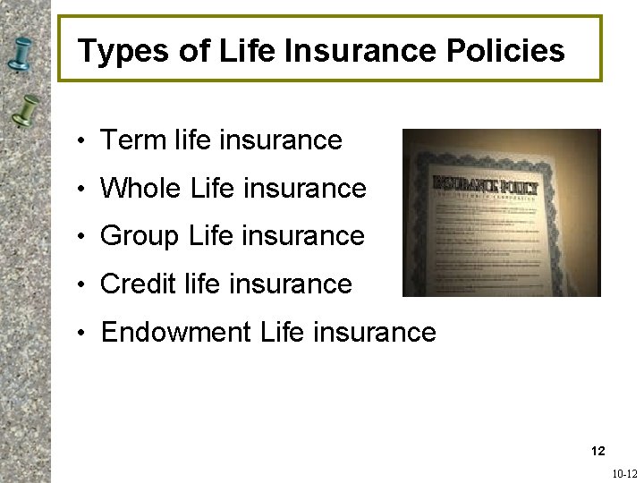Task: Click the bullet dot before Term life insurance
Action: pos(80,142)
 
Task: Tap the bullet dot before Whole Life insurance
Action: pos(80,191)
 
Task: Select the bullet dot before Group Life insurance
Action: pos(80,238)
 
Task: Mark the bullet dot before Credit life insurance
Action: pos(80,286)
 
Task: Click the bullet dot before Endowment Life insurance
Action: pos(80,335)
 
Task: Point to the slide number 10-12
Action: pos(624,474)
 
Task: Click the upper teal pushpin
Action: pos(20,55)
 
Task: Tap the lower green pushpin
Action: pos(27,111)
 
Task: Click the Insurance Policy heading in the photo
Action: pos(486,186)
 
